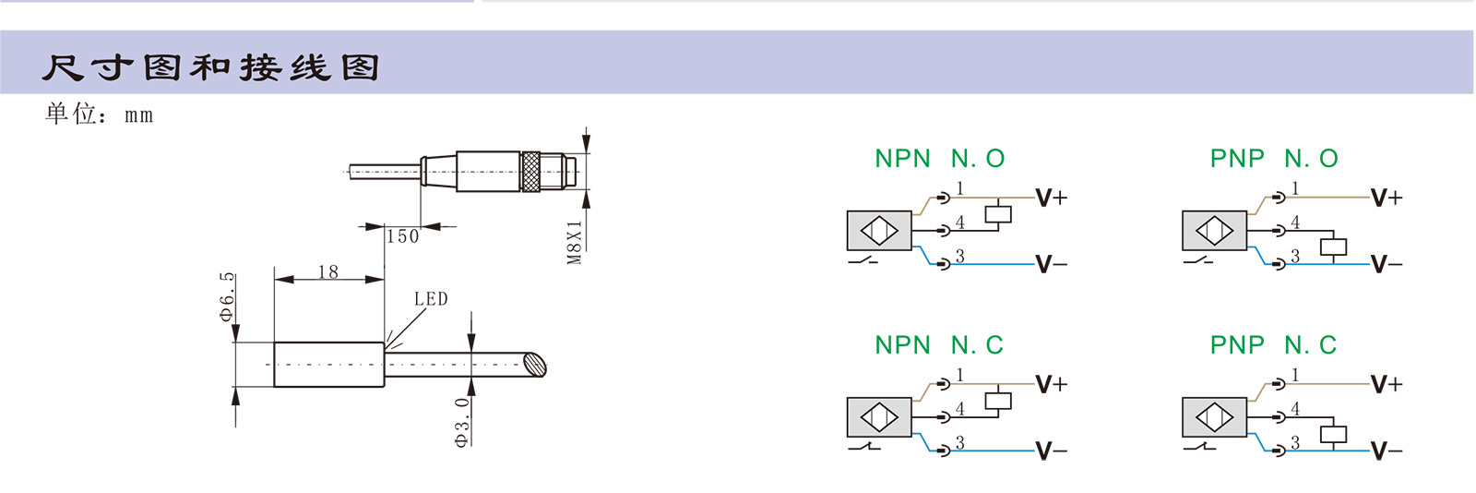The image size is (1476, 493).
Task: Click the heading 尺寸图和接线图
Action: (210, 67)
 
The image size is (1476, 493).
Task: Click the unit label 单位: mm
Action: (99, 114)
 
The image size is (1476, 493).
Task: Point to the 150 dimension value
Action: (402, 237)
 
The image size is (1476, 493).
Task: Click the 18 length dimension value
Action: (327, 272)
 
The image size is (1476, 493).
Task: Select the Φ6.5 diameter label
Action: (227, 296)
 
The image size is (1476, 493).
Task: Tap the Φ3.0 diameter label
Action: (462, 422)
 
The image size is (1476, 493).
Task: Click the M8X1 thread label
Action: (575, 242)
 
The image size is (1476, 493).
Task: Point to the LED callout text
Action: (431, 299)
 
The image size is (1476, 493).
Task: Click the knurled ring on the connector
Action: (530, 172)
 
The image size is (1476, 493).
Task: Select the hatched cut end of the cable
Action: (534, 365)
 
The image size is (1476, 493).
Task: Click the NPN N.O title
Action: (939, 159)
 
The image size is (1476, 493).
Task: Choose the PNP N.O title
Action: (1273, 159)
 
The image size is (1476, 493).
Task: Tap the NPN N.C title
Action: (938, 345)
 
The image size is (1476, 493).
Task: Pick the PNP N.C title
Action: (1273, 345)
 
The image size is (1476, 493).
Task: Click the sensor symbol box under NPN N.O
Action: (879, 230)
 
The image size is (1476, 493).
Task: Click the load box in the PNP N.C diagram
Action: (1333, 434)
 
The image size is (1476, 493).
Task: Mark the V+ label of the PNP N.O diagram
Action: (1386, 198)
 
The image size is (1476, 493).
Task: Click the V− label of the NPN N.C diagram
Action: (1051, 451)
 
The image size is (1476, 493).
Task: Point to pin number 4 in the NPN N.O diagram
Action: (960, 222)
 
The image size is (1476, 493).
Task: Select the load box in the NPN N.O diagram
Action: (998, 214)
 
